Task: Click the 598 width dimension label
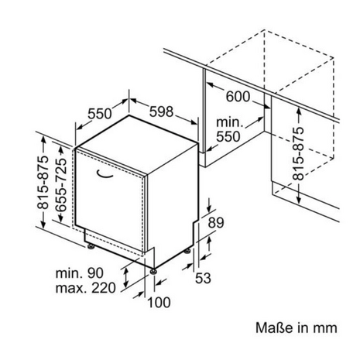coord(162,111)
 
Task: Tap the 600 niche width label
coord(238,97)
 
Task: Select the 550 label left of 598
coord(100,114)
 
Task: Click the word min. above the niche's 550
coord(230,122)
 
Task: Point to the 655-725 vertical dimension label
coord(61,184)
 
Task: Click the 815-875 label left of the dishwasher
coord(43,183)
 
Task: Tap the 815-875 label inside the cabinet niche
coord(299,154)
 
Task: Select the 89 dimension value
coord(216,223)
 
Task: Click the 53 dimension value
coord(203,278)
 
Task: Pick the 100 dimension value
coord(159,303)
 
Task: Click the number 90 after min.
coord(95,273)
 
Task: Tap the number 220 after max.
coord(104,288)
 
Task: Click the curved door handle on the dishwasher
coord(105,175)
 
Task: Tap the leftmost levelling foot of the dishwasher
coord(91,246)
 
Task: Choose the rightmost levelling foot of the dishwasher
coord(187,251)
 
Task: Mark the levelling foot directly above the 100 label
coord(153,271)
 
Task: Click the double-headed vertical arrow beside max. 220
coord(126,278)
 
